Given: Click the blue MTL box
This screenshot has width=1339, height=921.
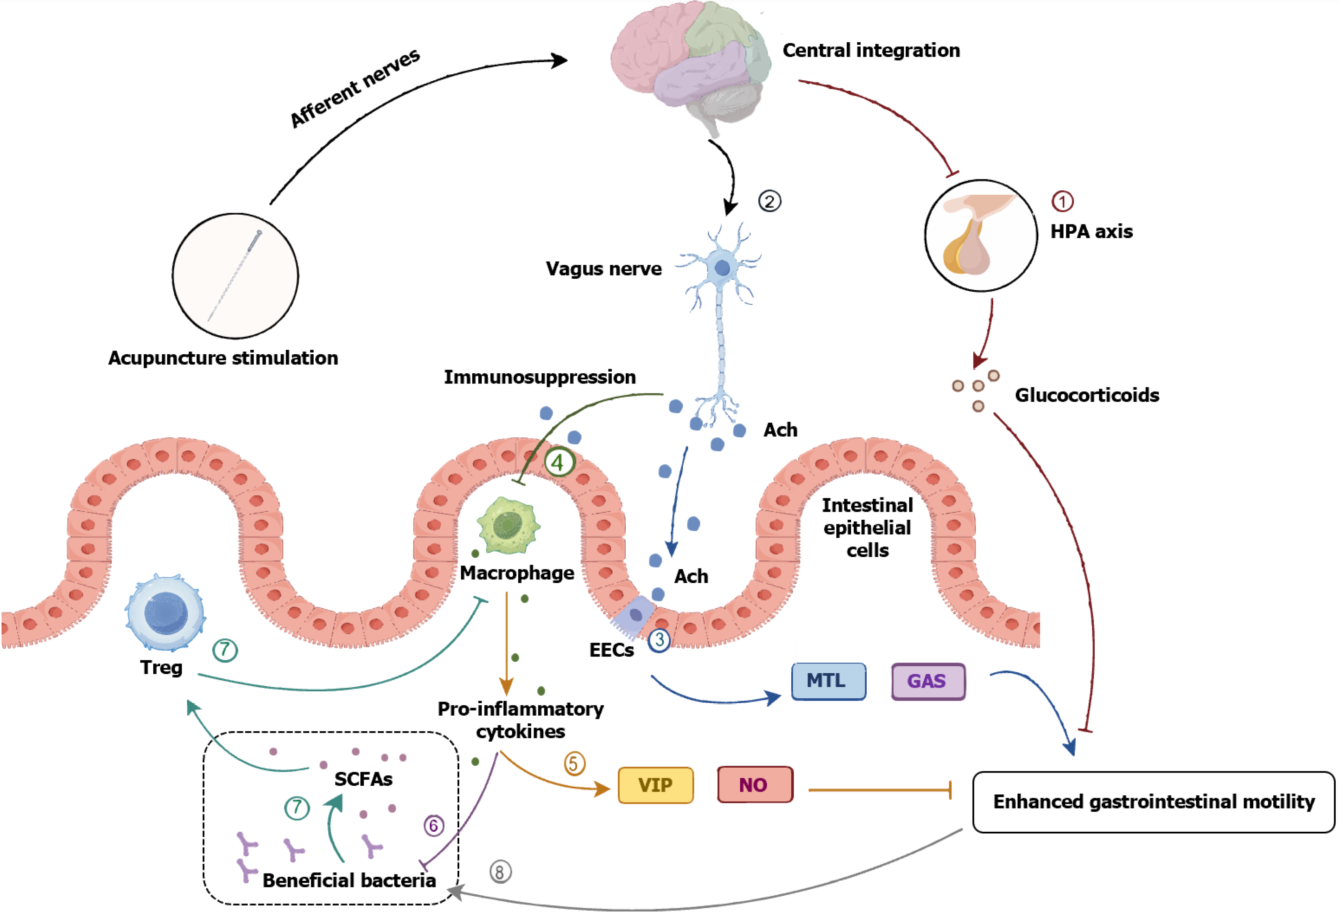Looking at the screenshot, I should click(x=828, y=682).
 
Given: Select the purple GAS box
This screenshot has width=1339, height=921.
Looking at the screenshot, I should click(x=928, y=682).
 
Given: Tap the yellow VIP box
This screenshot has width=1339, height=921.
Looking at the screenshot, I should click(x=656, y=785).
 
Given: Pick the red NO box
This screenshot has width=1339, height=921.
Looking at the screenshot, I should click(x=755, y=785).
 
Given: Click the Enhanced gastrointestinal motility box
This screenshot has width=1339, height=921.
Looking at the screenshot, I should click(x=1153, y=802).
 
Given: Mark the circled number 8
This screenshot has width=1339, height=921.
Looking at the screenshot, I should click(x=500, y=872).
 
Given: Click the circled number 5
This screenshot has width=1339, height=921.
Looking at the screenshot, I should click(x=574, y=764).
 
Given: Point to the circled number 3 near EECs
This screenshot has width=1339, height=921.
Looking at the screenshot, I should click(x=659, y=640).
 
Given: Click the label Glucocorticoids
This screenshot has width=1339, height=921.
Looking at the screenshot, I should click(x=1087, y=395).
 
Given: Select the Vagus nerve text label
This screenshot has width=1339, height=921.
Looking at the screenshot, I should click(x=604, y=269).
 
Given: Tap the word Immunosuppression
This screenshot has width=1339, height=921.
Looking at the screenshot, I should click(x=540, y=377).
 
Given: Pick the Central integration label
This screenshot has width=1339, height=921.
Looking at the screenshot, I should click(x=871, y=51).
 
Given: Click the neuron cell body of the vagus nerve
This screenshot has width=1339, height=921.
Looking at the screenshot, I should click(x=722, y=268).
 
